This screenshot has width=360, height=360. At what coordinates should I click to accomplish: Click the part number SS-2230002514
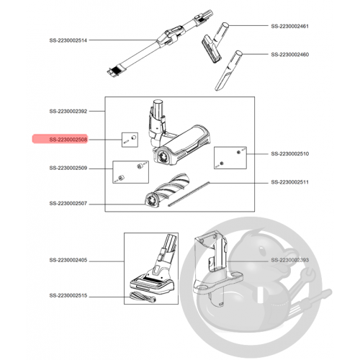(x=68, y=40)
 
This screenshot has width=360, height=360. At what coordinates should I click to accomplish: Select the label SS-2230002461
(x=289, y=26)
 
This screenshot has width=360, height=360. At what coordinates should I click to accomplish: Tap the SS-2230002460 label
(x=290, y=55)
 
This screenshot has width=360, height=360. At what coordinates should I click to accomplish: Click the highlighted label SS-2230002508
(x=68, y=140)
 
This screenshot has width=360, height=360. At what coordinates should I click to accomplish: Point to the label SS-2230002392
(x=68, y=111)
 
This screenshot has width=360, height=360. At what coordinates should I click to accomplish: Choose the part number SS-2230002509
(x=68, y=168)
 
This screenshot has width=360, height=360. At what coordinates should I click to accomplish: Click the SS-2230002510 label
(x=290, y=153)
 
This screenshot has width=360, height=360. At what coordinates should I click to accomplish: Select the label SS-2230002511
(x=289, y=182)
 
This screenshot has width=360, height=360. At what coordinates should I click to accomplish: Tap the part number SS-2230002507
(x=68, y=204)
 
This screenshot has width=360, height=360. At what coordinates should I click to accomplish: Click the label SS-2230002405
(x=68, y=260)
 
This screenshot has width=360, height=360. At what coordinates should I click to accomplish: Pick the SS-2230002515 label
(x=68, y=295)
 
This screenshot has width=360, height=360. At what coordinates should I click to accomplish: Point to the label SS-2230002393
(x=290, y=260)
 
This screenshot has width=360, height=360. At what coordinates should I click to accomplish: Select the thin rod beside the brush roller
(x=189, y=194)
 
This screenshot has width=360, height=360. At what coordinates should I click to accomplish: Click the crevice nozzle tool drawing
(x=228, y=71)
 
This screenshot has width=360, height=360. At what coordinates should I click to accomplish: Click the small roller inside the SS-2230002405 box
(x=143, y=297)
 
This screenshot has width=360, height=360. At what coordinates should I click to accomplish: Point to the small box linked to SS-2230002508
(x=130, y=140)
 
